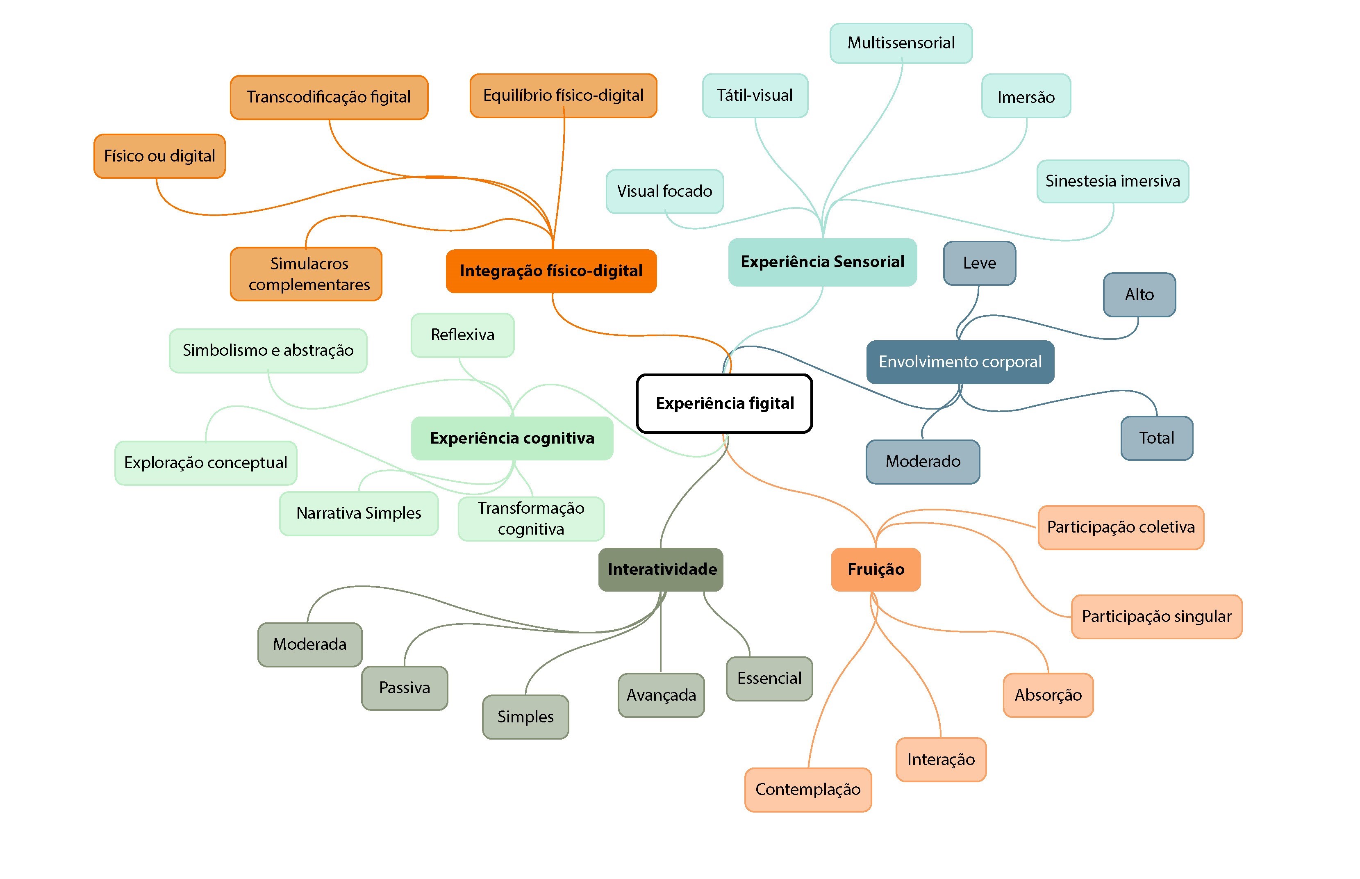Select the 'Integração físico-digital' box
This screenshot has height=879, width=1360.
[551, 271]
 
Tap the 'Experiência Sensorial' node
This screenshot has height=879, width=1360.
[822, 262]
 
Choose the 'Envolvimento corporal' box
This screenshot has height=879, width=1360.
[960, 362]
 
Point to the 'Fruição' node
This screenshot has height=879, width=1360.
[876, 569]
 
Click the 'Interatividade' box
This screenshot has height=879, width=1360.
[661, 569]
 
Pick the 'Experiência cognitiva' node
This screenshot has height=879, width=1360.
[512, 438]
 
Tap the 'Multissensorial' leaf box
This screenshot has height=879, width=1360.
[901, 43]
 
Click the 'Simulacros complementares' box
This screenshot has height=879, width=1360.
[306, 274]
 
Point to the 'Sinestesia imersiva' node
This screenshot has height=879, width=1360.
[1112, 181]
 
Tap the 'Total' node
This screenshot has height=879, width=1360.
[1156, 438]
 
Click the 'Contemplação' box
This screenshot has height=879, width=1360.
[808, 789]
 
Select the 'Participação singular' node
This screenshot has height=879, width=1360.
[1156, 617]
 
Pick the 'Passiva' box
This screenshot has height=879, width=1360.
[405, 688]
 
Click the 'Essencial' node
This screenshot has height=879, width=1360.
[769, 678]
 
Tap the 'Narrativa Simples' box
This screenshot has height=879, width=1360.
[359, 513]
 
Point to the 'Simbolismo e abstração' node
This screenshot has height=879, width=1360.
[268, 351]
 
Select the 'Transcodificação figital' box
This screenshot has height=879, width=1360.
[329, 97]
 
